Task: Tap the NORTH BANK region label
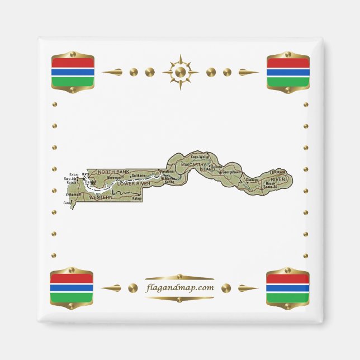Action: pos(113,172)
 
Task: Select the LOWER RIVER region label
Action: pos(135,183)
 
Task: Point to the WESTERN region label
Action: pos(101,197)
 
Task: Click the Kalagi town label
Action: pos(137,198)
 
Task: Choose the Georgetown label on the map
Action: pos(231,172)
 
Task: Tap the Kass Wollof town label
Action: pos(200,158)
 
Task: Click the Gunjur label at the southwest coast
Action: pos(68,203)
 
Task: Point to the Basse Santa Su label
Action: pos(271,185)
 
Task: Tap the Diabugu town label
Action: pos(253,180)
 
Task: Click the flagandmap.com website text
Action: pos(179,288)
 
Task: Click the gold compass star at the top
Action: pos(180,72)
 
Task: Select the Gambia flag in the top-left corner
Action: pos(72,72)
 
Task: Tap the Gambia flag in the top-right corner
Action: pos(288,72)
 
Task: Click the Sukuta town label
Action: pos(216,167)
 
